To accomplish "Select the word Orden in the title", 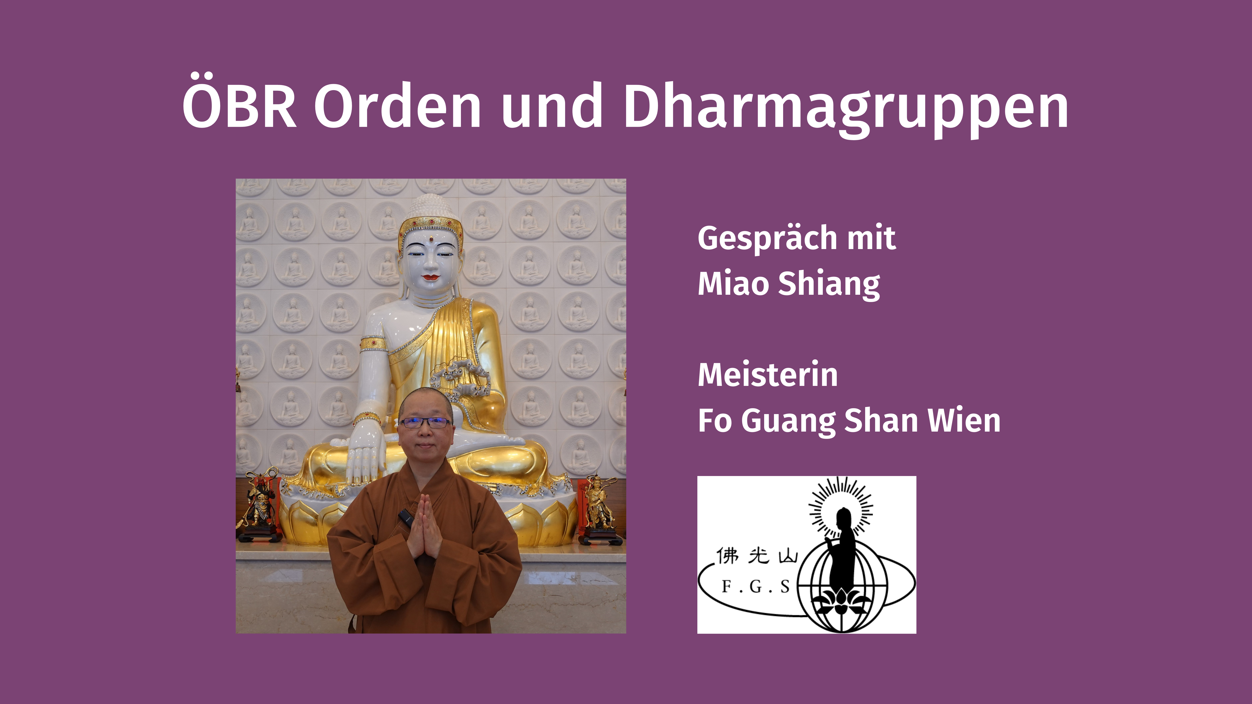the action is (398, 105).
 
